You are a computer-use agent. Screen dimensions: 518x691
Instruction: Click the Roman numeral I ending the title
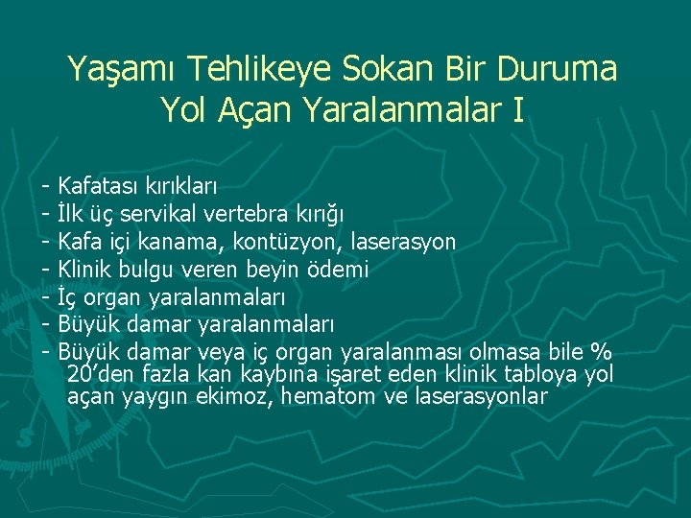click(518, 111)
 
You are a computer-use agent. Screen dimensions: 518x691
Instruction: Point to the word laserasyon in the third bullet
click(404, 241)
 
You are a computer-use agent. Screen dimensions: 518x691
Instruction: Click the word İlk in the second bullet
click(72, 213)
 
